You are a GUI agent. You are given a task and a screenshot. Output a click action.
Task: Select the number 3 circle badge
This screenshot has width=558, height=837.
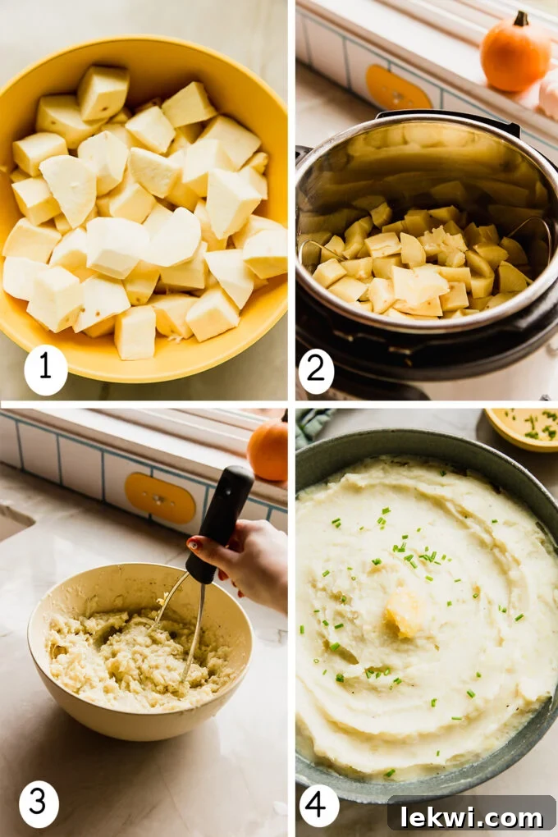pos(39,803)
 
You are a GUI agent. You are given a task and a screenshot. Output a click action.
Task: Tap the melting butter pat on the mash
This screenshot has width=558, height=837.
pos(403,611)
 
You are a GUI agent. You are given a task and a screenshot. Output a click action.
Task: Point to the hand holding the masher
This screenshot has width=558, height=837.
pos(250,562)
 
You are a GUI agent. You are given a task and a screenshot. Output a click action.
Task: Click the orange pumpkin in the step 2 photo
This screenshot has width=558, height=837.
pos(515,53)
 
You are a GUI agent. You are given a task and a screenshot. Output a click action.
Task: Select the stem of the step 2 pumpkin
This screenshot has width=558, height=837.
pos(520,18)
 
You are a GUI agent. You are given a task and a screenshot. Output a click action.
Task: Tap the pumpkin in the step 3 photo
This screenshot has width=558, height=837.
pos(268,450)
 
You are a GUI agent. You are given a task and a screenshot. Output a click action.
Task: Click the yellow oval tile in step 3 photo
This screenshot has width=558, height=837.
pos(160,497)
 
